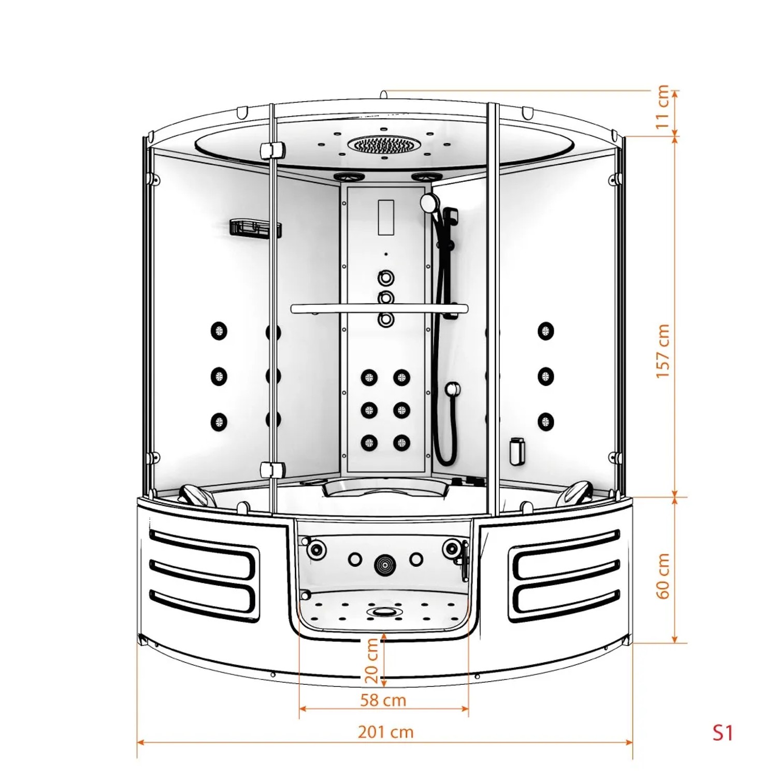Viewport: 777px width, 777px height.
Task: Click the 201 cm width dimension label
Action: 386,732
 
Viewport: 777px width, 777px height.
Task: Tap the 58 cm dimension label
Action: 383,700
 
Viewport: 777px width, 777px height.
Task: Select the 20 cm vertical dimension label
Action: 371,661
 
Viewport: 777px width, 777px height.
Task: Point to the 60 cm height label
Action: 663,576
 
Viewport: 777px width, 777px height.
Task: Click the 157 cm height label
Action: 663,351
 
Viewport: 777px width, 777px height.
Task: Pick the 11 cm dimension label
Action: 663,107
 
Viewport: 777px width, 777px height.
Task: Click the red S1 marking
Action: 723,732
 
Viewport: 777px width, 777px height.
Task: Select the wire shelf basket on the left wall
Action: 255,228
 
